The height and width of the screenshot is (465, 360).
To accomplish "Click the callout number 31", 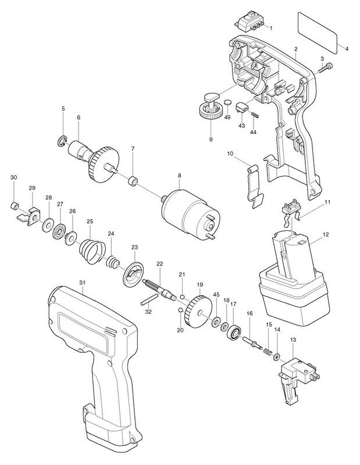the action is (x=83, y=282).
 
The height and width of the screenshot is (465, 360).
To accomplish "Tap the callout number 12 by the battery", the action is (x=326, y=235).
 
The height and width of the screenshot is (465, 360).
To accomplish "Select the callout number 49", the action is (x=227, y=117).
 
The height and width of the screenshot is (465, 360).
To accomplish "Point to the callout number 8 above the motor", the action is (x=179, y=176).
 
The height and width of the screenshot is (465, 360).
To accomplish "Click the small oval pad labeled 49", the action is (x=227, y=103).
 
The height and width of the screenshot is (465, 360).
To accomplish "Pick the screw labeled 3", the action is (x=326, y=69).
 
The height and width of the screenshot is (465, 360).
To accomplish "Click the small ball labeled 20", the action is (x=180, y=310).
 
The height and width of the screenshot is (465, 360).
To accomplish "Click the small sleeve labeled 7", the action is (x=133, y=181).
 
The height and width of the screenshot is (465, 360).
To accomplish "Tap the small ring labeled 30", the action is (x=13, y=206).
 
